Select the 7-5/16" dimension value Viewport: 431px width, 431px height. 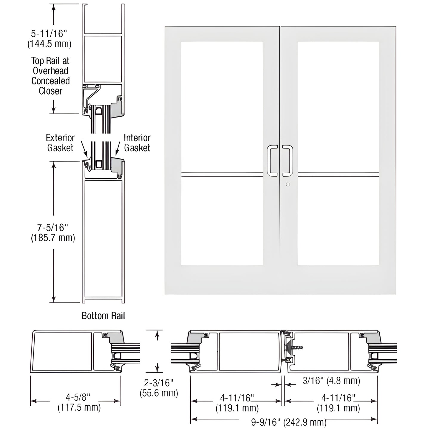coord(53,228)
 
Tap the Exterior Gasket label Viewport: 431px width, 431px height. coord(60,143)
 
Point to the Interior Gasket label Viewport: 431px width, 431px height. coord(137,143)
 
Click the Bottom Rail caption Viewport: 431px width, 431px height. coord(103,316)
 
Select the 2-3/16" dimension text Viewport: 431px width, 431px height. coord(158,383)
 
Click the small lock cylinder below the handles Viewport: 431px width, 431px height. coord(288,185)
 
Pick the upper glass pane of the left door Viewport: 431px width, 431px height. coord(222,106)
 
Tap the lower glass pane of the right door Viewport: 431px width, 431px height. coord(338,221)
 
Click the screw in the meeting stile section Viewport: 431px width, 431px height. coord(297,347)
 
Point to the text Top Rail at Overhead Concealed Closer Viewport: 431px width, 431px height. coord(50,76)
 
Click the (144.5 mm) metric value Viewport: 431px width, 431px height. coord(49,44)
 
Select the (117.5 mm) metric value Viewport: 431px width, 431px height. coord(79,407)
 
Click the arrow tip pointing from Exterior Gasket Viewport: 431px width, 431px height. coord(87,157)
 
